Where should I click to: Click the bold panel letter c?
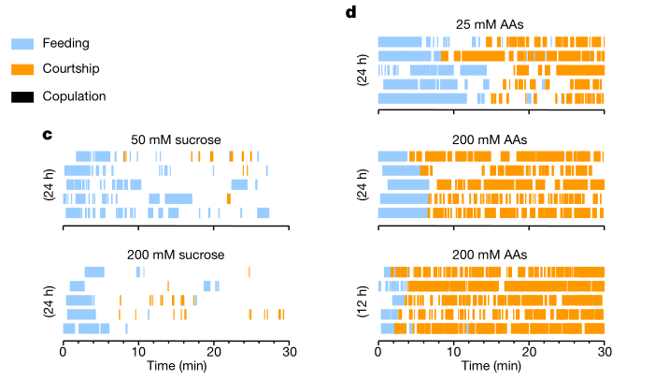[47, 135]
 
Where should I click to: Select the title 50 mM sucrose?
[177, 139]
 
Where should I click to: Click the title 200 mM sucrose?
[177, 254]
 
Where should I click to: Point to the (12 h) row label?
[362, 300]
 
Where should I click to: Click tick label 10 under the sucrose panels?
[138, 352]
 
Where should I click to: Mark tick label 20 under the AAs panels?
[530, 352]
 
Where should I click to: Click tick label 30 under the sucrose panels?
[290, 352]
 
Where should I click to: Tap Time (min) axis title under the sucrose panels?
[177, 367]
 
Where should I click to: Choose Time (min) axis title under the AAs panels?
[491, 367]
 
